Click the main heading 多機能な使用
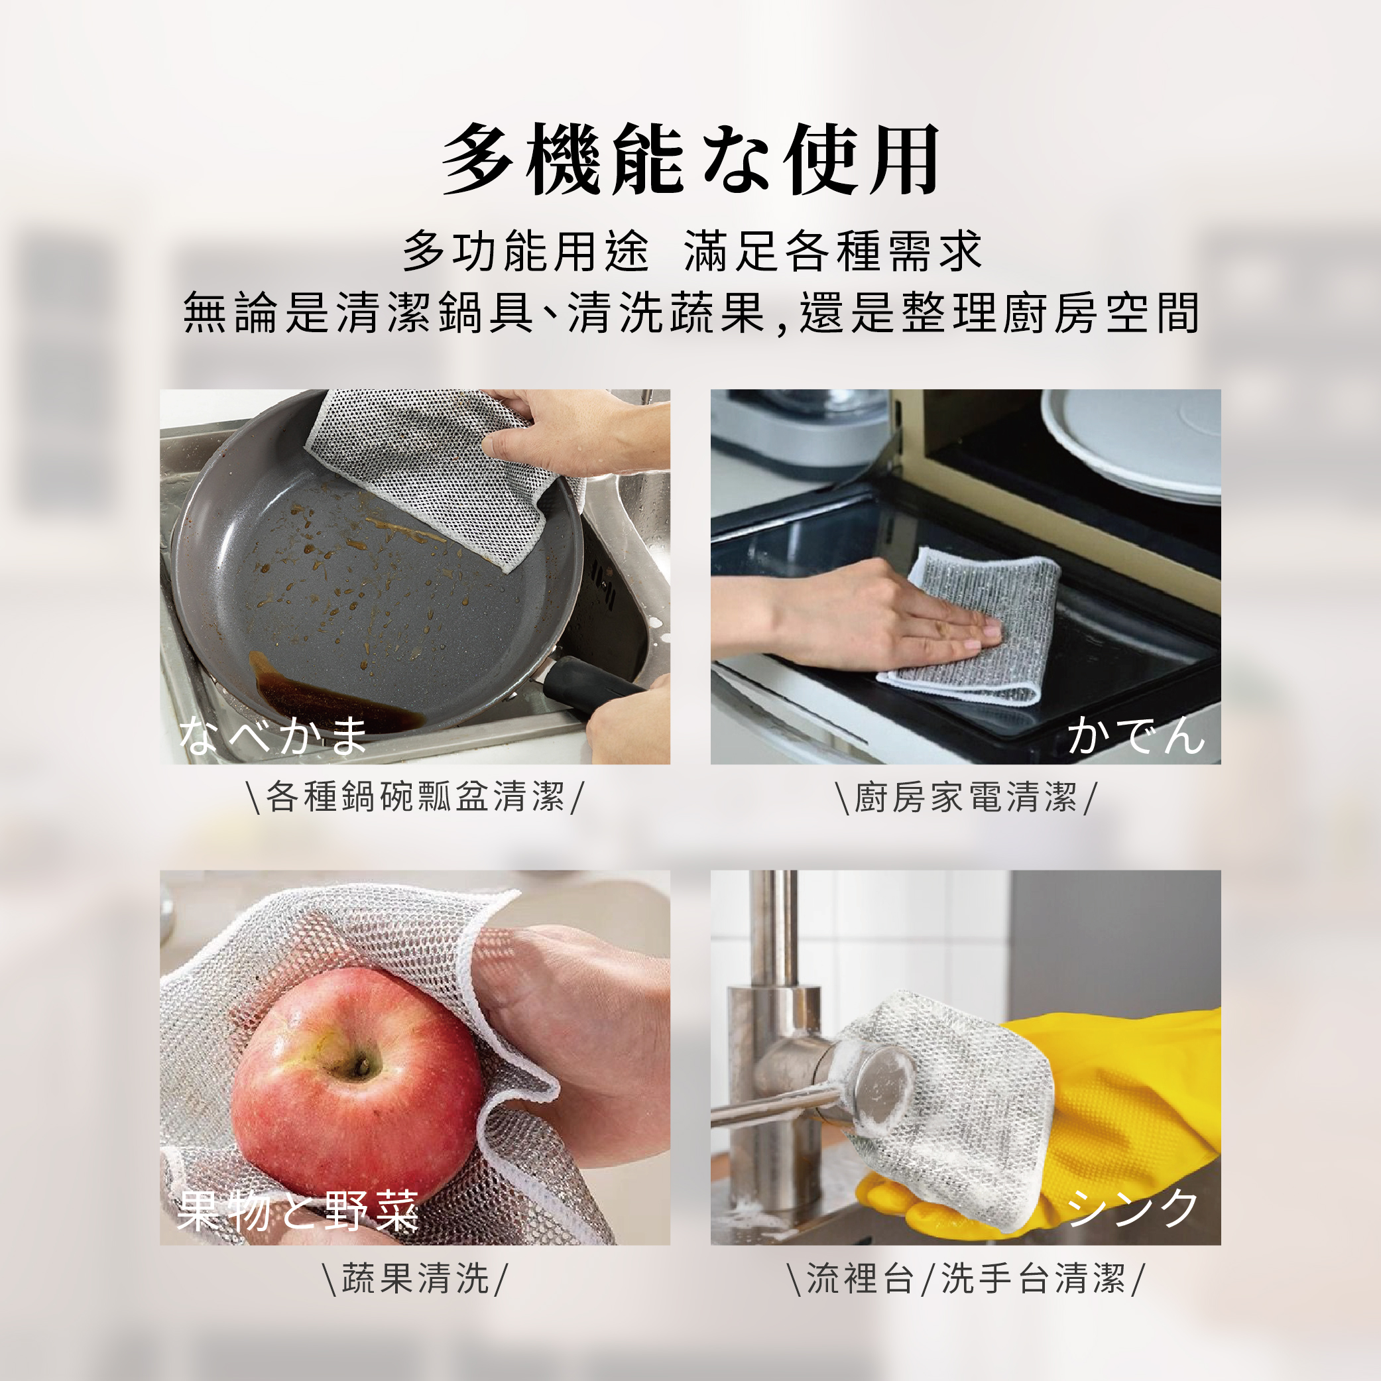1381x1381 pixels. [x=691, y=159]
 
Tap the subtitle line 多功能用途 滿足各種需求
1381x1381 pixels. [x=692, y=252]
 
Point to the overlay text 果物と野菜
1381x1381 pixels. [x=298, y=1211]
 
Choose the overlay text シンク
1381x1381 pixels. [x=1132, y=1208]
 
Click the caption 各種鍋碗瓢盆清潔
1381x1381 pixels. [x=414, y=796]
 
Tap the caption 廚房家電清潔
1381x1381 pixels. [x=966, y=796]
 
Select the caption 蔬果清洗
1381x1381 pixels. [x=414, y=1278]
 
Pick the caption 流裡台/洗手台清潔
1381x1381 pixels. [x=966, y=1278]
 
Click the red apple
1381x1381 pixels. [x=357, y=1079]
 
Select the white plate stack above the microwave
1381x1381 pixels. [x=1132, y=443]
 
